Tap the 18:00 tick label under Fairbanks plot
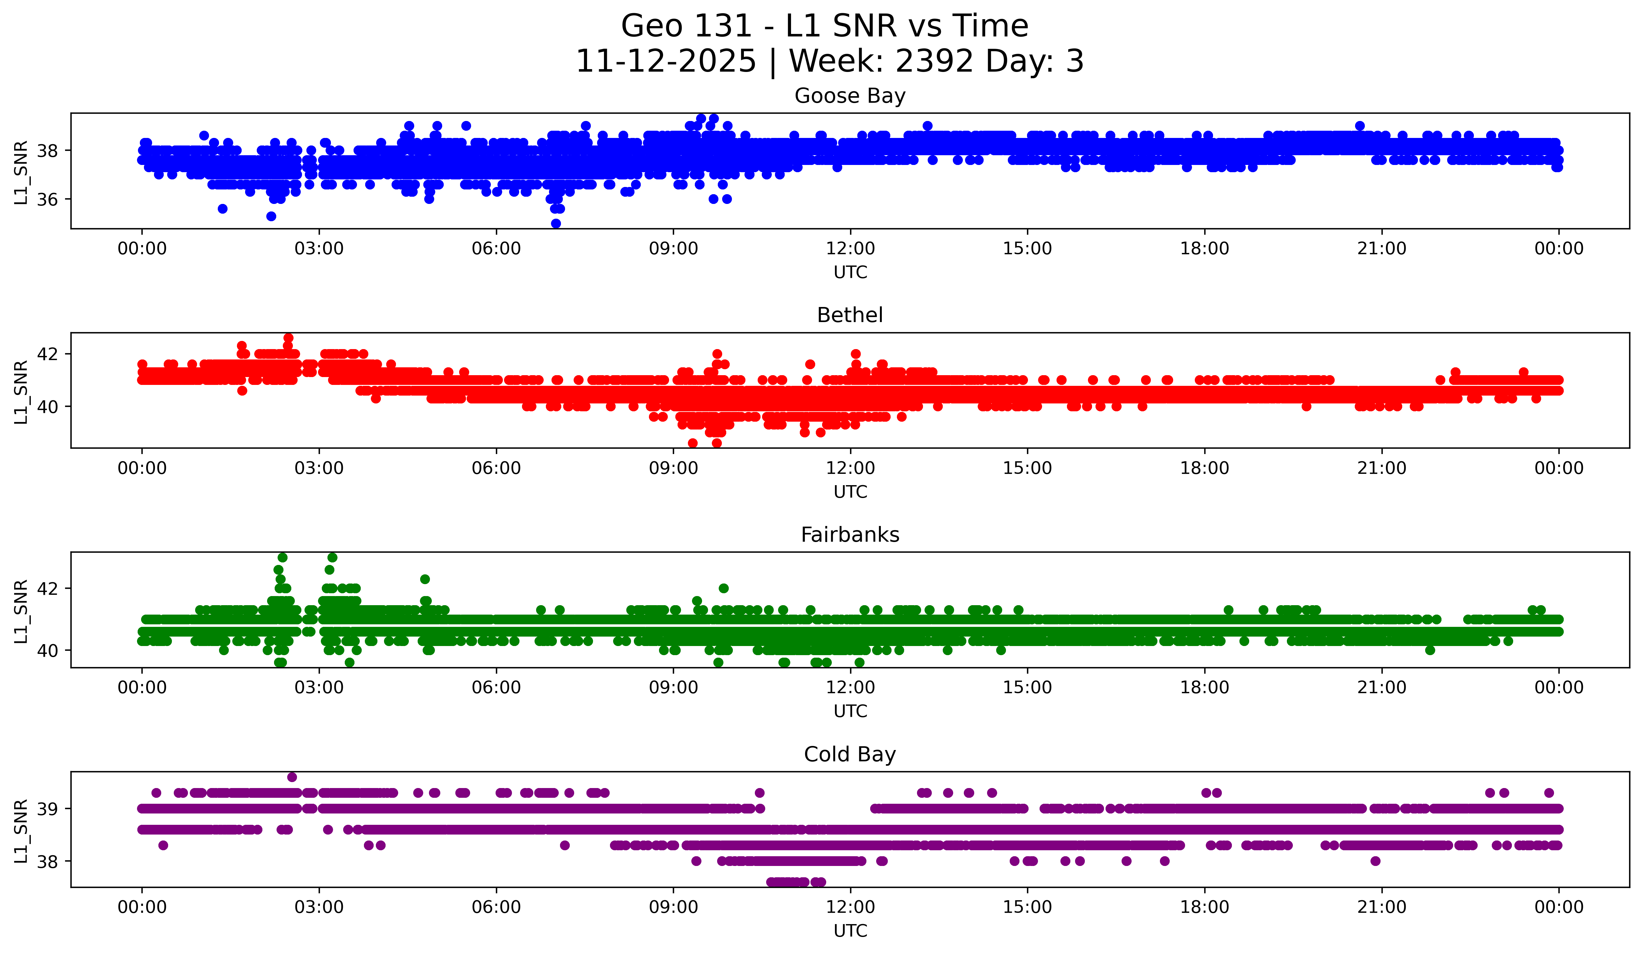(x=1204, y=688)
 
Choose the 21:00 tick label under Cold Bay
(x=1381, y=907)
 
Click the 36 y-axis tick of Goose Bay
(x=47, y=199)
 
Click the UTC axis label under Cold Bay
(x=850, y=931)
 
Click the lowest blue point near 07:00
(x=556, y=223)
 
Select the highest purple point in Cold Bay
(x=292, y=777)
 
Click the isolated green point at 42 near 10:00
(x=723, y=588)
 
